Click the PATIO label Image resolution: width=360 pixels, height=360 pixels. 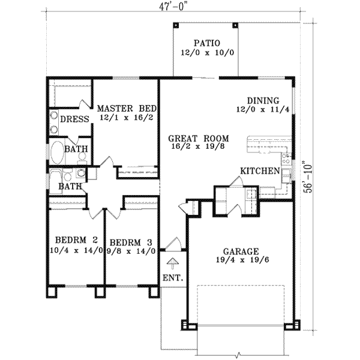pyautogui.click(x=207, y=43)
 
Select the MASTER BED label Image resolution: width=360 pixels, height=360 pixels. pyautogui.click(x=127, y=108)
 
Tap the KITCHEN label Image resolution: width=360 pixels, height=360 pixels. pyautogui.click(x=260, y=171)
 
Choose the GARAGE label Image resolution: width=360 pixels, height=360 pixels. pyautogui.click(x=239, y=251)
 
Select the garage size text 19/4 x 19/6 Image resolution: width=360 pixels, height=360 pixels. pyautogui.click(x=239, y=262)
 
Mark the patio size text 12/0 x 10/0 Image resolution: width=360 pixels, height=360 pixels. pyautogui.click(x=207, y=53)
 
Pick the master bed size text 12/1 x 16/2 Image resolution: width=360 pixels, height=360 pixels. pyautogui.click(x=127, y=118)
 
